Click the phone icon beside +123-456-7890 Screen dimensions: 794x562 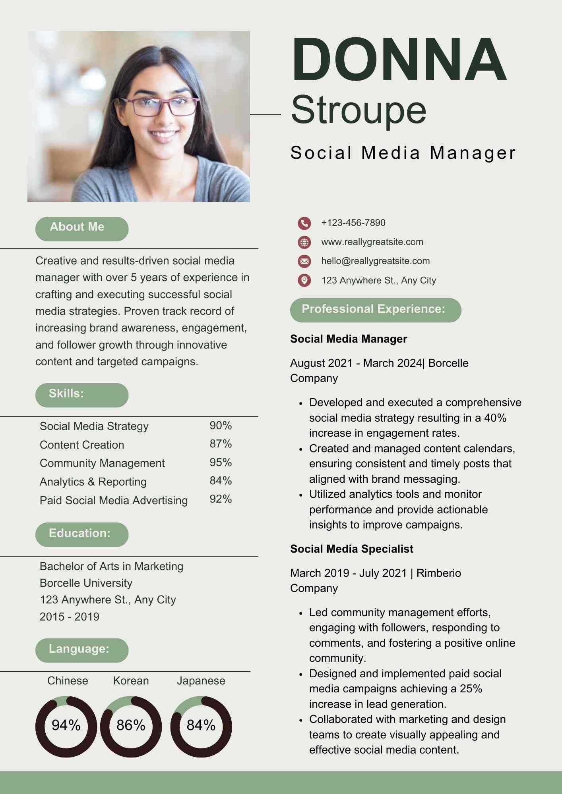click(304, 223)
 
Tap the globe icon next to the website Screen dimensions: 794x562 click(304, 242)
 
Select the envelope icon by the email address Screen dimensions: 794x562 click(304, 261)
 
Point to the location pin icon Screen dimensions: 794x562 click(304, 280)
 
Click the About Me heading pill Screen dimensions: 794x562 click(81, 229)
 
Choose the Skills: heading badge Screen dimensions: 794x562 click(81, 395)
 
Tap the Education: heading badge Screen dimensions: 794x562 click(81, 534)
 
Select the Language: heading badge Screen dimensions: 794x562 click(81, 650)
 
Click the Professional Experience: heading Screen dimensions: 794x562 click(375, 310)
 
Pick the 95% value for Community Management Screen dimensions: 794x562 click(221, 463)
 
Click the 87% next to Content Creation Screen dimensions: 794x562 click(221, 444)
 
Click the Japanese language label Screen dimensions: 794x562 click(201, 681)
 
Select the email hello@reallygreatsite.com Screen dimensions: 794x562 click(375, 261)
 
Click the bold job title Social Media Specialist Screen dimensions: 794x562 click(351, 549)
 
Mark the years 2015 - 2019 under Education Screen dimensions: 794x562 click(70, 617)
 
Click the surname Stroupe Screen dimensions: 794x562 click(359, 110)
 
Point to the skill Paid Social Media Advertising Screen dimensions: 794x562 click(114, 501)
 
